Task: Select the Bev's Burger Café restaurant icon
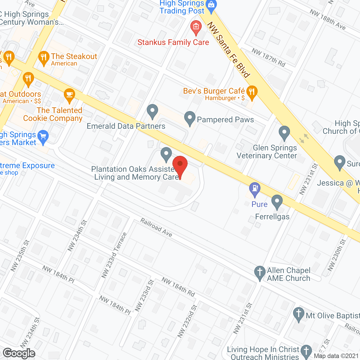(x=252, y=92)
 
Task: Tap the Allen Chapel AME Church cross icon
(x=260, y=273)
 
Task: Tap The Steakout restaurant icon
(x=44, y=58)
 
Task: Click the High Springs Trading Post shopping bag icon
(x=211, y=5)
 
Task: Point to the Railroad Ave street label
(x=156, y=227)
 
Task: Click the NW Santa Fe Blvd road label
(x=228, y=50)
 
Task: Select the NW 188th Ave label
(x=328, y=19)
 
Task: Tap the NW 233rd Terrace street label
(x=114, y=255)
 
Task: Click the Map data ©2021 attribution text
(x=336, y=356)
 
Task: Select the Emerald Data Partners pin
(x=152, y=111)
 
